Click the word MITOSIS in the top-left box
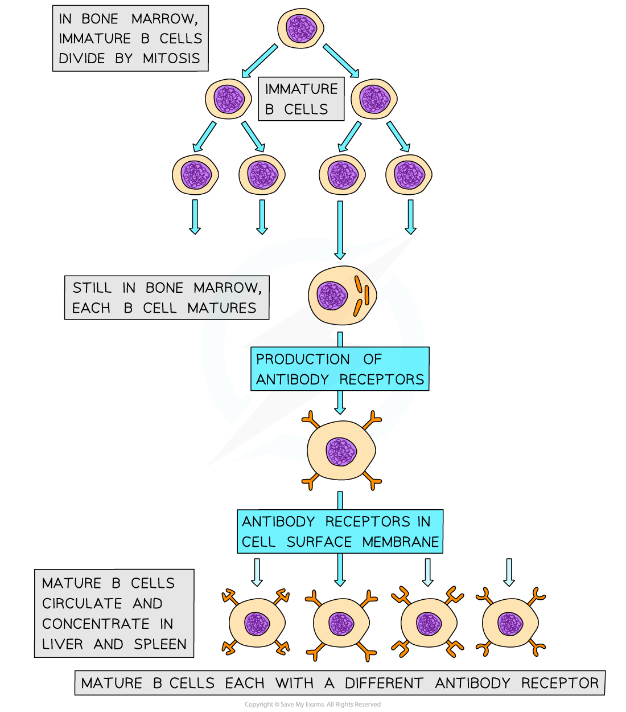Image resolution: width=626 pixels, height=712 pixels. tap(171, 59)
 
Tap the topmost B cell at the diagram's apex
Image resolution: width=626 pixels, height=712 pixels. tap(300, 28)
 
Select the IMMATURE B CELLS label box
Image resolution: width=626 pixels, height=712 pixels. tap(301, 99)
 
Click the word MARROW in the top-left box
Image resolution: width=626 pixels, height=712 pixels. tap(164, 19)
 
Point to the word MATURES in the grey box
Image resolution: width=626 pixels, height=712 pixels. tap(222, 308)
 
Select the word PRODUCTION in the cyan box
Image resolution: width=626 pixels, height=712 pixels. tap(303, 359)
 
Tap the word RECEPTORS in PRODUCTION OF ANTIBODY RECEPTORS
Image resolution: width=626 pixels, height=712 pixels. tap(382, 379)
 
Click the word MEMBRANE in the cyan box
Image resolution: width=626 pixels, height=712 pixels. tap(401, 542)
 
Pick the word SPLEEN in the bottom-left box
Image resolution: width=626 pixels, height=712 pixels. tap(160, 644)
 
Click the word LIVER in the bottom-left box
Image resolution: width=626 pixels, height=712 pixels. tap(63, 644)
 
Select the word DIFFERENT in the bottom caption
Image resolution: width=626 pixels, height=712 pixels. tap(384, 683)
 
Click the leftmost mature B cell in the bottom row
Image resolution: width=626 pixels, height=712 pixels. tap(257, 623)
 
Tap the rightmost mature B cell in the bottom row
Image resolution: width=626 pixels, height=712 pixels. tap(510, 623)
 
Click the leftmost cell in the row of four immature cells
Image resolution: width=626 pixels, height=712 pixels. tap(195, 174)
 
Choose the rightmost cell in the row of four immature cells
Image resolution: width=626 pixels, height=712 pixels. tap(409, 174)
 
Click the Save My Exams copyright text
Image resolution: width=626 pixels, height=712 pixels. tap(312, 705)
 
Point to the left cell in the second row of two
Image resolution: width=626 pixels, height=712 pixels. tap(228, 99)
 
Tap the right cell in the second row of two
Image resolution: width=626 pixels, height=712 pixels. tap(374, 99)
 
